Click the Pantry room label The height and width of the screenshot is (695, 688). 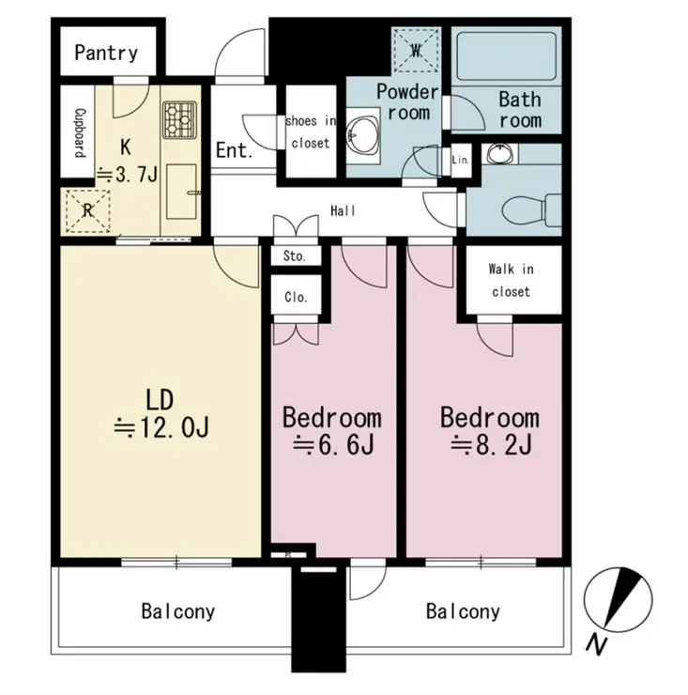coord(106,53)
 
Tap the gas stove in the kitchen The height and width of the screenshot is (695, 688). coord(179,119)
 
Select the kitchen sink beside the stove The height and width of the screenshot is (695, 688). coord(182,192)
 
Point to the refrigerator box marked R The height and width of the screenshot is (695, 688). coord(87,211)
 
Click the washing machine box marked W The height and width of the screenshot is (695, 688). coord(416,51)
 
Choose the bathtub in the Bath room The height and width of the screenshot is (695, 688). coord(506,55)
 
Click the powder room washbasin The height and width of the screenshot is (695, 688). coord(363,134)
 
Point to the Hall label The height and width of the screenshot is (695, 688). coord(343,210)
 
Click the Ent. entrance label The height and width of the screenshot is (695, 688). coord(235,150)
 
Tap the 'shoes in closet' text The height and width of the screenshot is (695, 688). coord(311,132)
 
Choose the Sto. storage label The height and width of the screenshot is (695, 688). coord(294,256)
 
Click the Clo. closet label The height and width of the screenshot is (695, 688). coord(296,297)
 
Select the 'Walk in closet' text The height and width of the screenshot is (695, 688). coord(511,280)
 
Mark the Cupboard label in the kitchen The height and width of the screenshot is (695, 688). coord(80,132)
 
